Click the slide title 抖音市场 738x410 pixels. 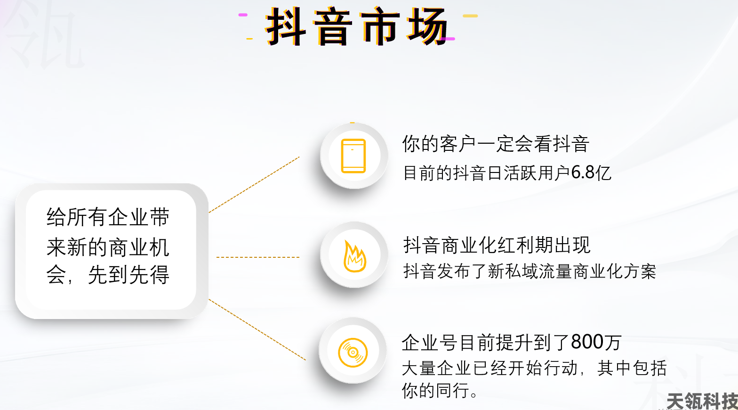point(357,26)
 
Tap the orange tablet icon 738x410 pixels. point(353,156)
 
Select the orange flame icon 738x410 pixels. point(354,256)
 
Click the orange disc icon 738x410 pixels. point(353,353)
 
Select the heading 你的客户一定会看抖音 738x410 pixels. point(496,144)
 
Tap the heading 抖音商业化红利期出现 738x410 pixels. point(497,245)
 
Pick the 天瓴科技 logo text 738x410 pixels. point(702,402)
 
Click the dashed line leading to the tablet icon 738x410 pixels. point(254,185)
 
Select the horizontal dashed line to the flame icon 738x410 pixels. point(257,257)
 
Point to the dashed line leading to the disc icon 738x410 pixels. point(257,329)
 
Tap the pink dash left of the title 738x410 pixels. point(243,15)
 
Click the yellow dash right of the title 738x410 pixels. point(470,16)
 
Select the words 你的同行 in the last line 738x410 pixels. point(435,391)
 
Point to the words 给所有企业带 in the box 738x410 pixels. point(108,217)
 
